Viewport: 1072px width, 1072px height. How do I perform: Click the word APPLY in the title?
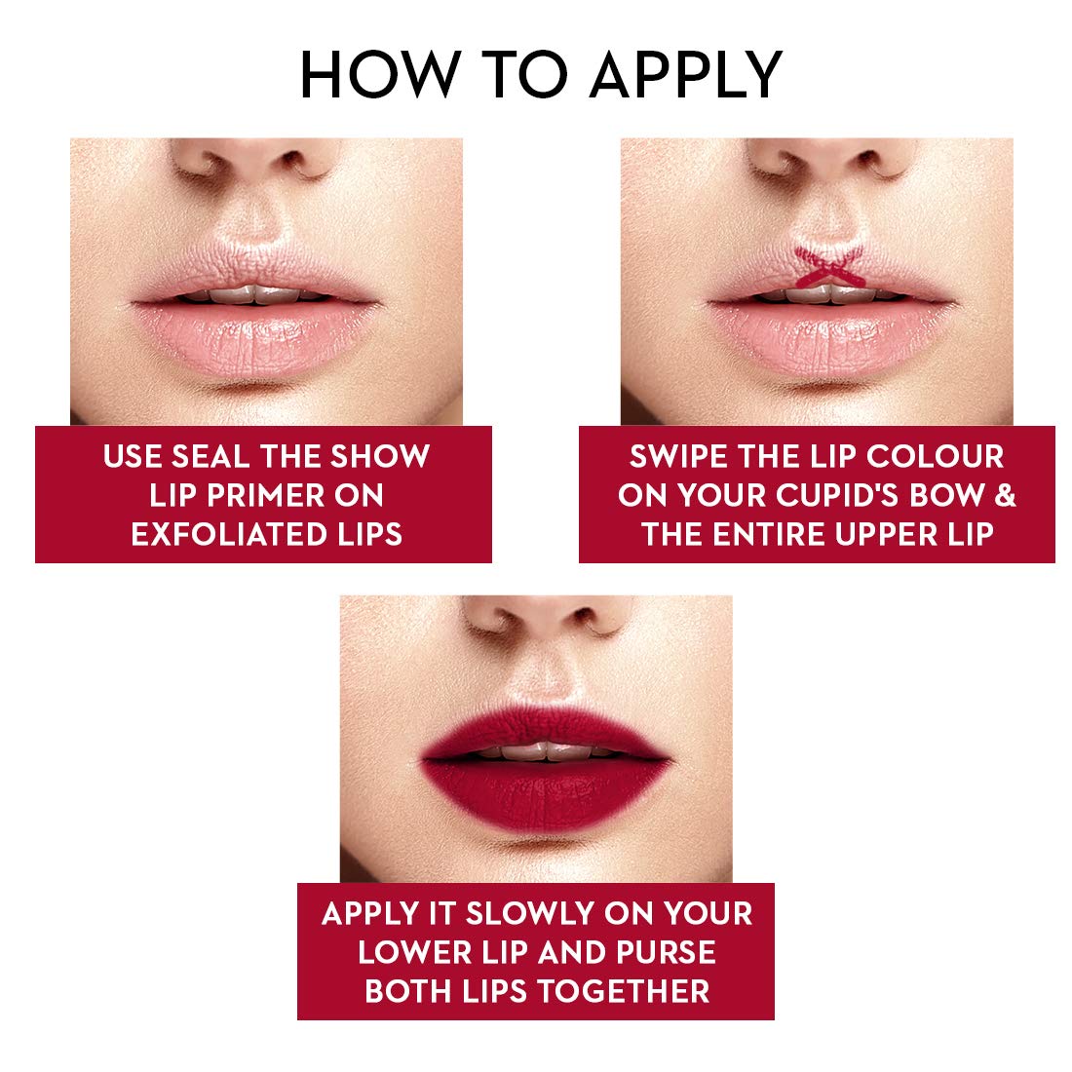686,74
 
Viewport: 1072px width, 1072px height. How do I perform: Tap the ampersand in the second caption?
1005,495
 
